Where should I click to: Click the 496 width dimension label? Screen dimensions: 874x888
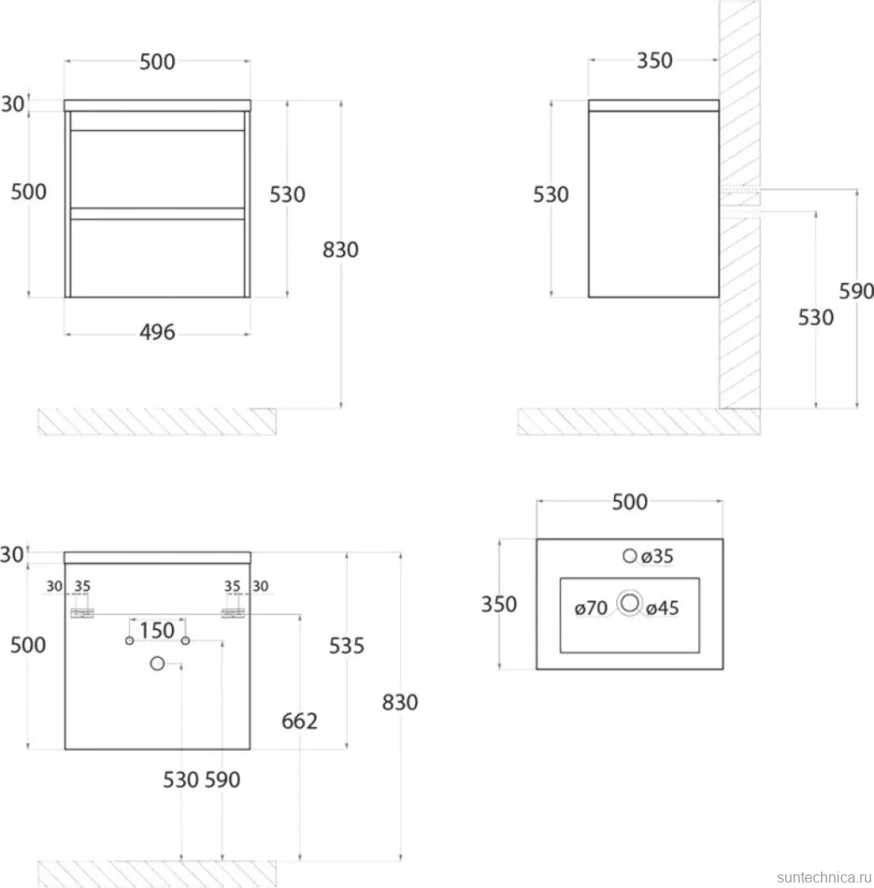[157, 332]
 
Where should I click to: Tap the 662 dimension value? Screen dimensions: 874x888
[299, 721]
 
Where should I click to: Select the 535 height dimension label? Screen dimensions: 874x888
[347, 645]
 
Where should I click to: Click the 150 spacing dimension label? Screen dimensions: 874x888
[156, 631]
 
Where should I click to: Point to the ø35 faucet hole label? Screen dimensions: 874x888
[657, 557]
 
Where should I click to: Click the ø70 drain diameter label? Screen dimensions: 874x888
[591, 608]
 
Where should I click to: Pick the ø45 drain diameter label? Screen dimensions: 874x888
[663, 608]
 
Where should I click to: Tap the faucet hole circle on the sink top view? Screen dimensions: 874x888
[630, 556]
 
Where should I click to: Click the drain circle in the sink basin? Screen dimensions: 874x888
[630, 603]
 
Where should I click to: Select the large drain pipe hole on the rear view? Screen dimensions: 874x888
[157, 663]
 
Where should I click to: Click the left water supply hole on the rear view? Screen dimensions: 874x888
[130, 641]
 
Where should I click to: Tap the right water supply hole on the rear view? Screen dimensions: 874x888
[185, 641]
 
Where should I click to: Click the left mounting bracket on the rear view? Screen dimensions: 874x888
[82, 613]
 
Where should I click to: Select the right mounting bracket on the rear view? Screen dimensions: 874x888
[232, 613]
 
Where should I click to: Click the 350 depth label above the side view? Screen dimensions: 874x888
[654, 60]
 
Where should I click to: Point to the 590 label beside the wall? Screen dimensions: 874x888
[856, 291]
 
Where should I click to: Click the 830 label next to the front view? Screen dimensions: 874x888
[340, 250]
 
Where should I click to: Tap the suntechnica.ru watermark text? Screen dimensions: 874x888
[825, 877]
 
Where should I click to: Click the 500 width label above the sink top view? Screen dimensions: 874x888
[630, 502]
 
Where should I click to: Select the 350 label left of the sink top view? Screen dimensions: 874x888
[499, 604]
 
